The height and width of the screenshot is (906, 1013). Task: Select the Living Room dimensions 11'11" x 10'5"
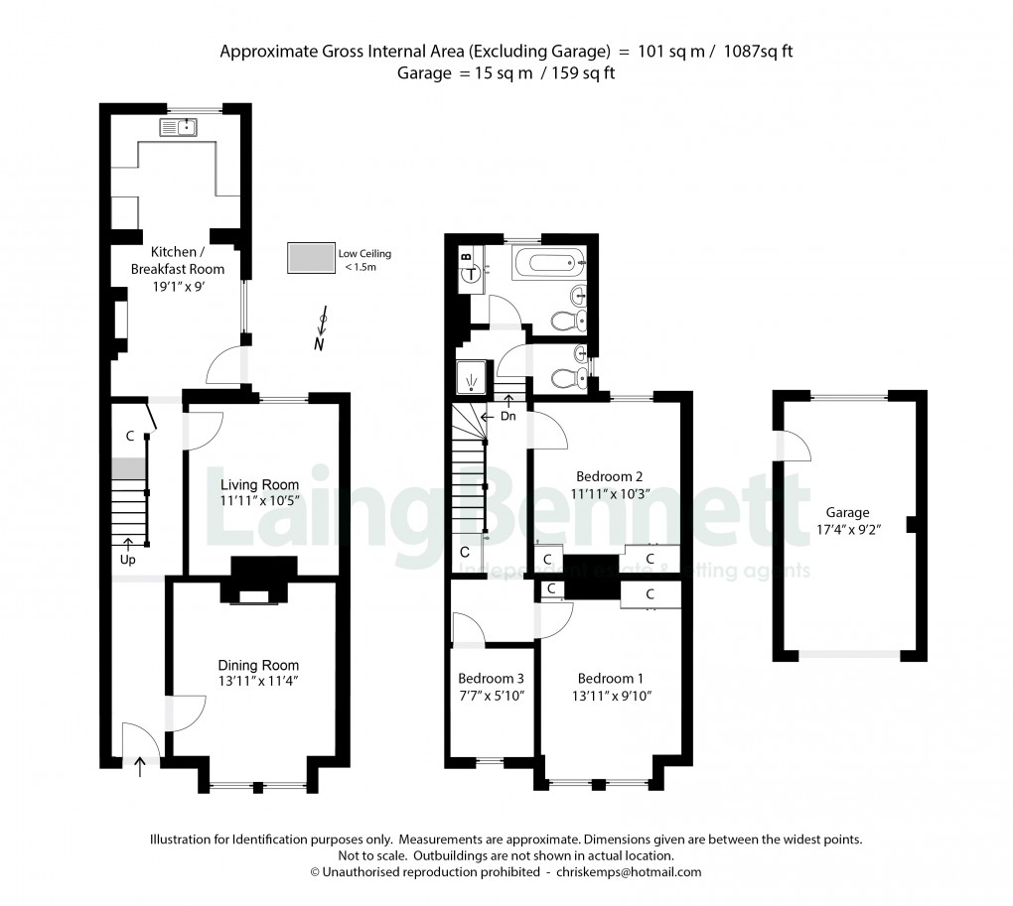[258, 501]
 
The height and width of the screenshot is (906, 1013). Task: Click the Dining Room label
[258, 665]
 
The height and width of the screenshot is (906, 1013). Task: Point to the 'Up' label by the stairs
[128, 560]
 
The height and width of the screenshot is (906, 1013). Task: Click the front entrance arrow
[139, 765]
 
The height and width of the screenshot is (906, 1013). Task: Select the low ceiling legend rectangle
[309, 258]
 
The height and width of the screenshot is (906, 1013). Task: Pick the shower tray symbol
[468, 377]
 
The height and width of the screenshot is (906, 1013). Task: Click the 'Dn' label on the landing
[507, 416]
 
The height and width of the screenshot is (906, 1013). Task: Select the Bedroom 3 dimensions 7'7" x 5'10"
[491, 696]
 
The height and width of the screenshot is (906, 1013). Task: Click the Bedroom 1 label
[610, 679]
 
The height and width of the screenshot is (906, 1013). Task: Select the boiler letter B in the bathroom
[467, 255]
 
